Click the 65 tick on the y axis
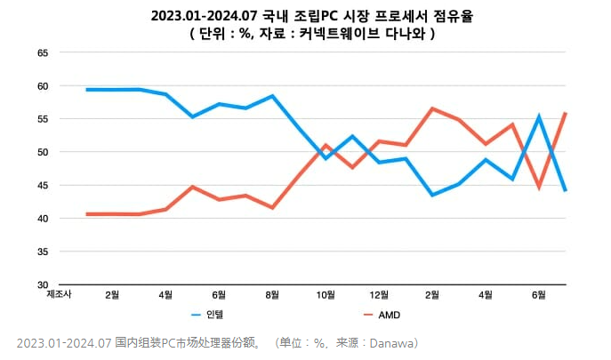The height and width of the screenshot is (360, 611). (42, 52)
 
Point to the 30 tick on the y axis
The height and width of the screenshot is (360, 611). (42, 284)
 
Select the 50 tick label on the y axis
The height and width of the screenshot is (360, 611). (42, 152)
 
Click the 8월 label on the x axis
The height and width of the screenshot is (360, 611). (272, 293)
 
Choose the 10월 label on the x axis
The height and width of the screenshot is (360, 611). (326, 293)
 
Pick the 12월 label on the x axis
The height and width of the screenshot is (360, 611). (379, 293)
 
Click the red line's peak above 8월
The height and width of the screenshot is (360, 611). (432, 108)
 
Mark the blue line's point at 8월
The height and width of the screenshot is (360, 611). (272, 96)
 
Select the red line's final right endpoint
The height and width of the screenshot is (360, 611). (567, 113)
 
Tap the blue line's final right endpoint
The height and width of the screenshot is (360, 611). (567, 190)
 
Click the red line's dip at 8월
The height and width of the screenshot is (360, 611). (272, 208)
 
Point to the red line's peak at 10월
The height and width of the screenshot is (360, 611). (326, 145)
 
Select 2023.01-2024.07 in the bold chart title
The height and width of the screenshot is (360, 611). (203, 15)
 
